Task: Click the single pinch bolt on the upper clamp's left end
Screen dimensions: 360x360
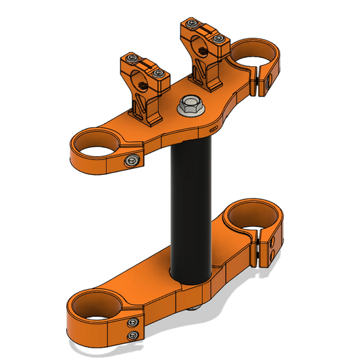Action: tap(131, 161)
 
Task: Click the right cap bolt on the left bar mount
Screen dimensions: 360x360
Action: tap(159, 74)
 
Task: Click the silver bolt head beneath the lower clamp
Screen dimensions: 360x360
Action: tap(196, 309)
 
